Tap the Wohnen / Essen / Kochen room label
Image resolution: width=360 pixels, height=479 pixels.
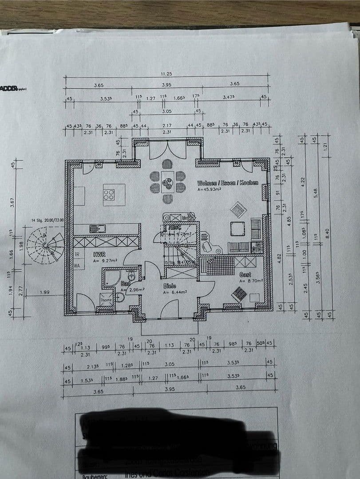227,183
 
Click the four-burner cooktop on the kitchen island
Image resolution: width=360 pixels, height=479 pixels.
108,195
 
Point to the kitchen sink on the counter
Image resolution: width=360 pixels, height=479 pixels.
95,229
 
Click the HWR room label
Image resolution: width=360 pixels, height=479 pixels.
99,255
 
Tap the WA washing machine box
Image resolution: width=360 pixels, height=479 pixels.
77,266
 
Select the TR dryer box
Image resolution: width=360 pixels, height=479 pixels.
77,255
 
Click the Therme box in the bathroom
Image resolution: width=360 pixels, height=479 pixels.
106,299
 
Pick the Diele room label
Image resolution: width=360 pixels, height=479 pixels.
170,286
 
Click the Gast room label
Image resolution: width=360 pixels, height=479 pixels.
245,275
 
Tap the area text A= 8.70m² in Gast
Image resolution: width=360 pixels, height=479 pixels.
251,281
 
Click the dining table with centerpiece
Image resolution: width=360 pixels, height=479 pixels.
167,181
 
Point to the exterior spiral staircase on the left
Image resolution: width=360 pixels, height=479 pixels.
47,245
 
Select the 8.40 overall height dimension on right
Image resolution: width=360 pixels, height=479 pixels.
327,232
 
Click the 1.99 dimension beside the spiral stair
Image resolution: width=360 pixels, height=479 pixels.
44,292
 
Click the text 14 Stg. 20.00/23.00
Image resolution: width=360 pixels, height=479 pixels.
47,220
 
